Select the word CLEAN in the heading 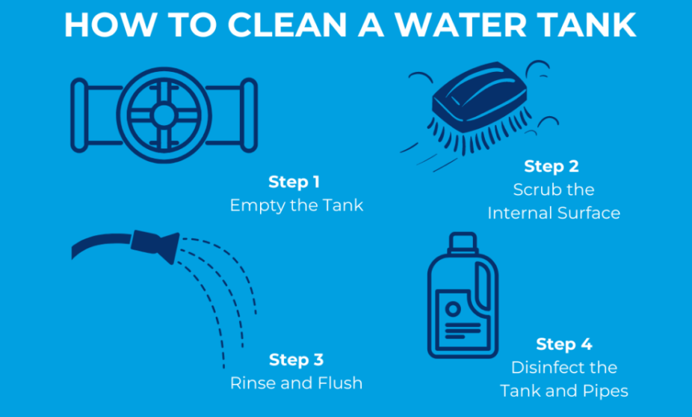[x=287, y=25]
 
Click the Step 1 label [x=294, y=182]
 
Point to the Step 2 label [x=552, y=166]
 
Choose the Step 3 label [x=296, y=359]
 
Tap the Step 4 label [x=564, y=344]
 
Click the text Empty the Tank [x=297, y=206]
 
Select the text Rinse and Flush [x=296, y=383]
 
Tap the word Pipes [x=605, y=392]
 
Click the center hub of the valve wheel [x=164, y=115]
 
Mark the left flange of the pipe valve [x=79, y=115]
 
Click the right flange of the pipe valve [x=249, y=115]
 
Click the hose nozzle [x=155, y=246]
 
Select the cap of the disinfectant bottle [x=463, y=243]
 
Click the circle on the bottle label [x=453, y=308]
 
